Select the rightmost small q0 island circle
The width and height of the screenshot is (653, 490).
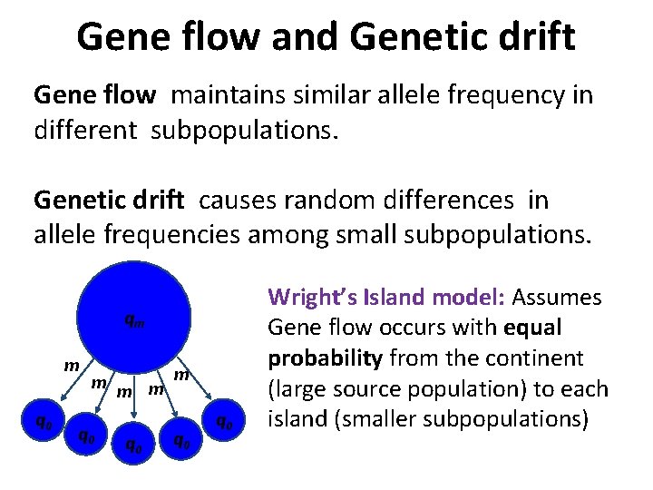pos(223,423)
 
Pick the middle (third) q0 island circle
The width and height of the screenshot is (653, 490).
pos(133,445)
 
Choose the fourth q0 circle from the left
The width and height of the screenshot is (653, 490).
pos(181,439)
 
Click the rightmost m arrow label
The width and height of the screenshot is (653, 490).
pos(181,375)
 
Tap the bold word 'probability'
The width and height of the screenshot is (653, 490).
pos(324,359)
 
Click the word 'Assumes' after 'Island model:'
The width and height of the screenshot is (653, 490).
pos(557,298)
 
